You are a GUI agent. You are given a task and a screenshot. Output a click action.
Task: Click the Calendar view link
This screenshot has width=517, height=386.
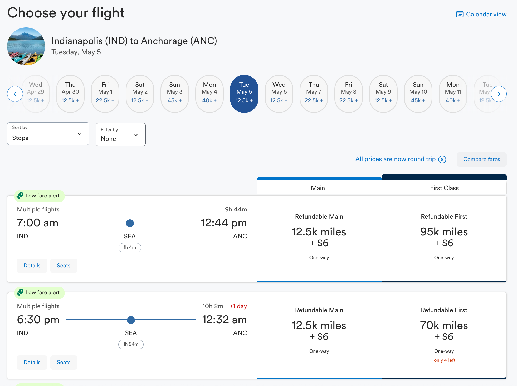pos(481,14)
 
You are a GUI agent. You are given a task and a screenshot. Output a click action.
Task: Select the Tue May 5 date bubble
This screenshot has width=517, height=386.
pos(244,94)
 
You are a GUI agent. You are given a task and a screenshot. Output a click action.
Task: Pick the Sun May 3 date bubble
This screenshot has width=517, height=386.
pos(174,94)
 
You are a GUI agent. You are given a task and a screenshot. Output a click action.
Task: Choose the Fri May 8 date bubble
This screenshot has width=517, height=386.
pos(348,94)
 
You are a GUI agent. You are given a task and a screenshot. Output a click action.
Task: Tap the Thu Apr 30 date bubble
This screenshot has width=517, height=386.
pos(70,94)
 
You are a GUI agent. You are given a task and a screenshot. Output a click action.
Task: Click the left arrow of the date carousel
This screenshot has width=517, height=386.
pos(15,94)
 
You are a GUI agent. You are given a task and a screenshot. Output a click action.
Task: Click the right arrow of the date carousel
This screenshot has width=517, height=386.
pos(499,94)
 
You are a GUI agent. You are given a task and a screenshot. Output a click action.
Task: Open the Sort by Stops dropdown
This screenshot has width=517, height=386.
pos(48,134)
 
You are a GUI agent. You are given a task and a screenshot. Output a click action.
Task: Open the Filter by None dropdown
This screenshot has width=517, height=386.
pos(120,134)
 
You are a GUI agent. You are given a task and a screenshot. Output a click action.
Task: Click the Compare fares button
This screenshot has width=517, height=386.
pos(481,159)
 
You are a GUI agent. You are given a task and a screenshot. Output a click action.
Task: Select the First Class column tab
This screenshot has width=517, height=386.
pos(444,188)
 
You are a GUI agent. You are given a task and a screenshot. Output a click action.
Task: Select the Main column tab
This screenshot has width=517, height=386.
pos(318,188)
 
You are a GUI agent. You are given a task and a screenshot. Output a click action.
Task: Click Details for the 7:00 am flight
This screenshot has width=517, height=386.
pos(32,266)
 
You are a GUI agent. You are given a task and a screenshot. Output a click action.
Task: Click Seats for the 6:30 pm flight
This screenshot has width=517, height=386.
pos(64,362)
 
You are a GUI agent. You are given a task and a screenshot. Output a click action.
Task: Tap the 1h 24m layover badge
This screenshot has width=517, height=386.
pos(131,344)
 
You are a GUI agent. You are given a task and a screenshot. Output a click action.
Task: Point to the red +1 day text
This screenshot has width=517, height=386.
pos(238,306)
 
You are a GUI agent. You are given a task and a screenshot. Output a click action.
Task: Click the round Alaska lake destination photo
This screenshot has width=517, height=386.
pos(26,46)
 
